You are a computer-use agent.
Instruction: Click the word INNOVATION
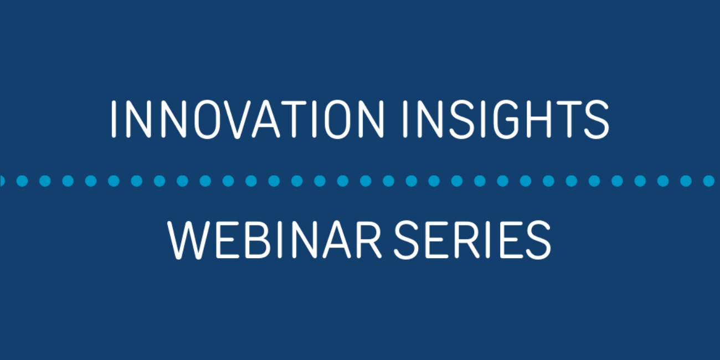point(248,119)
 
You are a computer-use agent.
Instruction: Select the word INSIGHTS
point(506,119)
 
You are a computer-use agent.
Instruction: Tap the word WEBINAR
point(274,240)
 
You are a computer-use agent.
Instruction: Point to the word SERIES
point(472,240)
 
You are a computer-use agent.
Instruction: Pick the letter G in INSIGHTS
point(506,119)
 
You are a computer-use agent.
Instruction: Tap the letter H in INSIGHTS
point(539,119)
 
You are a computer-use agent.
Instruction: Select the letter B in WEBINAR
point(257,240)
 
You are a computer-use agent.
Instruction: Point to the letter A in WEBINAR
point(336,240)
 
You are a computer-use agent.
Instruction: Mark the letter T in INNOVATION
point(294,119)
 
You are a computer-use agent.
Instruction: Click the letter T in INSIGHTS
point(569,119)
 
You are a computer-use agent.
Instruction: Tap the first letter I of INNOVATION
point(114,119)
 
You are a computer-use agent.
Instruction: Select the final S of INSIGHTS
point(596,119)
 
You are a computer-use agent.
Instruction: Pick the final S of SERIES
point(539,240)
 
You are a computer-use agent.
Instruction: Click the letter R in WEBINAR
point(369,240)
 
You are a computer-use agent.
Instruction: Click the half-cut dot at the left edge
point(2,181)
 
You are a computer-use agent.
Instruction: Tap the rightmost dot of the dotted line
point(708,181)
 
